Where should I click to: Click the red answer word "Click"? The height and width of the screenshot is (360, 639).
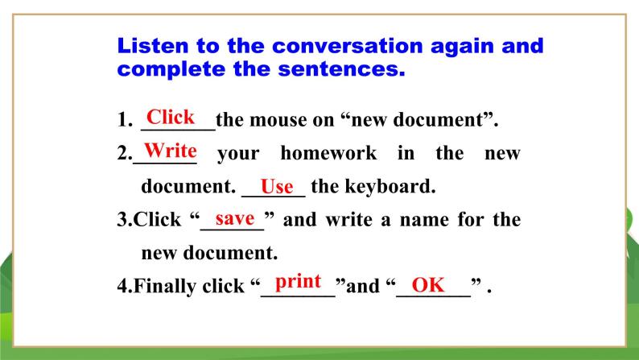pos(171,118)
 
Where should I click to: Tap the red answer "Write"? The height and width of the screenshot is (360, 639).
pos(170,150)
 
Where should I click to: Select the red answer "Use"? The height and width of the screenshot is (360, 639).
pos(277,187)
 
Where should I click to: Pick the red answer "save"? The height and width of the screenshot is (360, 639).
pos(235,218)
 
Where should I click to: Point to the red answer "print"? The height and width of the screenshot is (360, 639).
pos(298,281)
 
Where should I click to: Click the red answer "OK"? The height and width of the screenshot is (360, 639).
pos(428,285)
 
